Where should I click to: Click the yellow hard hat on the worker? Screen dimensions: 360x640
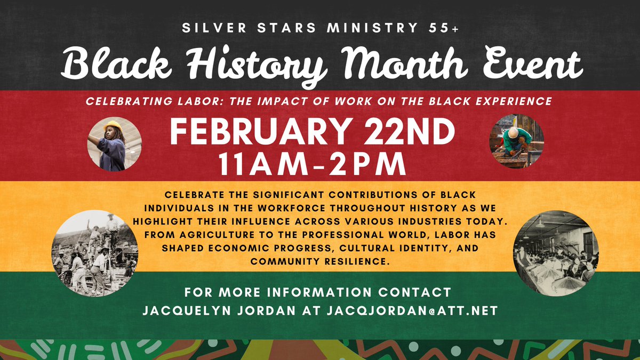point(113,126)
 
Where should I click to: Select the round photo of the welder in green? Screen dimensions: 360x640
point(516,141)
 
